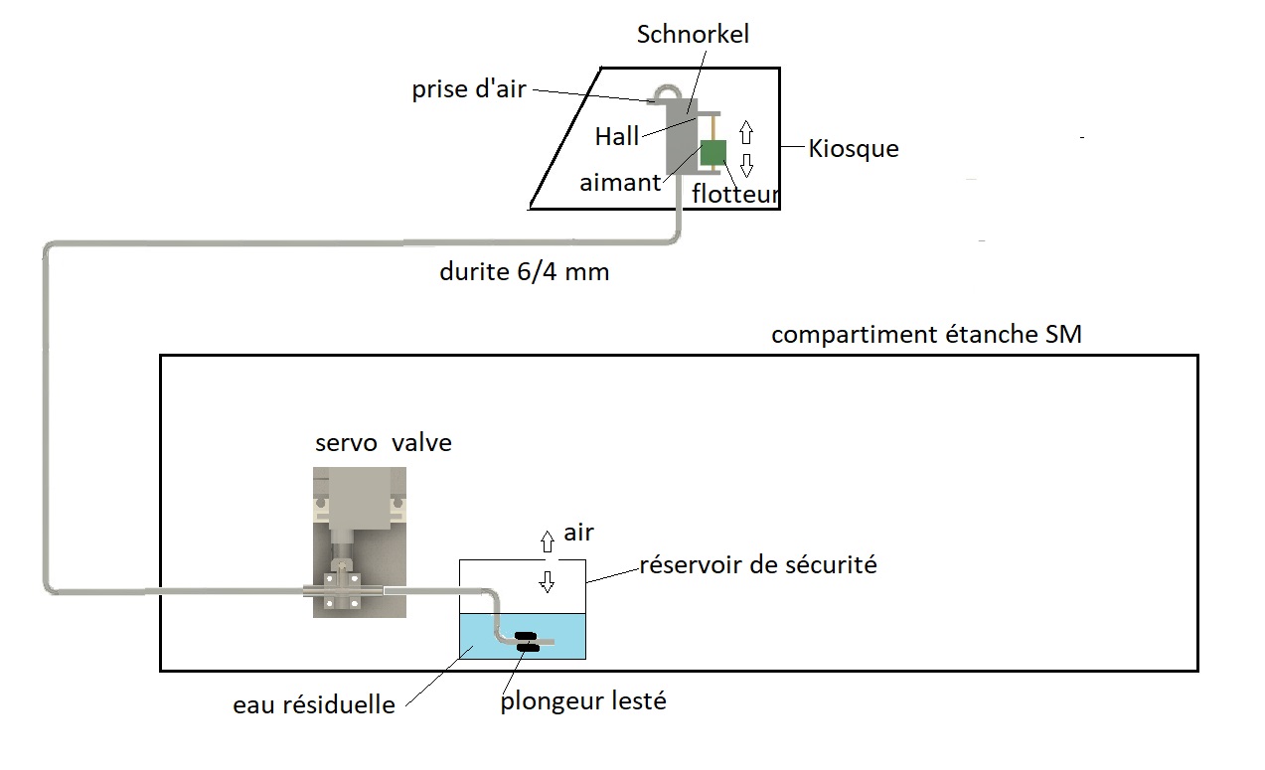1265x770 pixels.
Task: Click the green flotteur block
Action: [713, 154]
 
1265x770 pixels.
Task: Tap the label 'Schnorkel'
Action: [693, 35]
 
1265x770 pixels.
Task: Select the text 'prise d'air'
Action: [468, 89]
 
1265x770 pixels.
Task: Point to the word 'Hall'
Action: [616, 137]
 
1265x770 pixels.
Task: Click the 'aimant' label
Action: [620, 183]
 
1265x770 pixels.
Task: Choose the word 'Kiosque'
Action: [853, 149]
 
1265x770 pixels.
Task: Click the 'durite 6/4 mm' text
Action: [524, 272]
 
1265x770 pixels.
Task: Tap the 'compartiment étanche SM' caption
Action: [925, 335]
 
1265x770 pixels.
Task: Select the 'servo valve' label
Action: [383, 442]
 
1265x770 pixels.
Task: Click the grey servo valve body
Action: [359, 502]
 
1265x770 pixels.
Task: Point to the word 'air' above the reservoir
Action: [578, 533]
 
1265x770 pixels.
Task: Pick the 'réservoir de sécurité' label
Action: [758, 565]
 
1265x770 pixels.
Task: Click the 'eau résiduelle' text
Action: [314, 705]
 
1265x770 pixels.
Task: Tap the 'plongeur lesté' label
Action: [582, 701]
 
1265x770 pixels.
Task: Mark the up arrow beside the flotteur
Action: [746, 132]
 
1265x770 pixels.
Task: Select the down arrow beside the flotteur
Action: [747, 164]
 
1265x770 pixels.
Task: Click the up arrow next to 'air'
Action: [546, 540]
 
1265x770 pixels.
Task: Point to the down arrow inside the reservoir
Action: [546, 582]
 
